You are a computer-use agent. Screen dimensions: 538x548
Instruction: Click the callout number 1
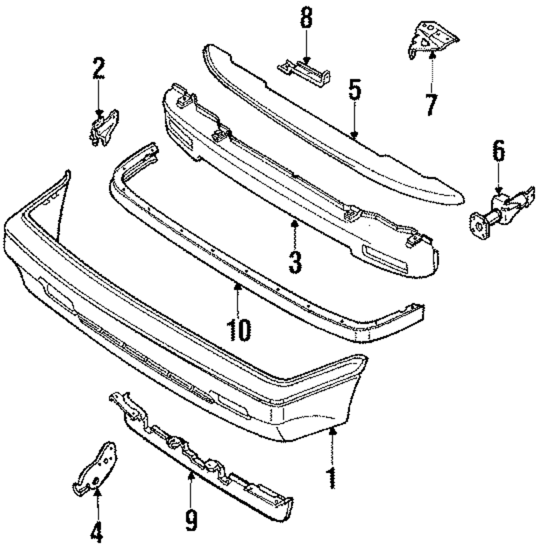coord(331,478)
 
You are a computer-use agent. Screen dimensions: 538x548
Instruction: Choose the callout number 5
coord(354,91)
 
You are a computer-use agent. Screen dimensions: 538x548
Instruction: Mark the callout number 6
coord(498,152)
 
